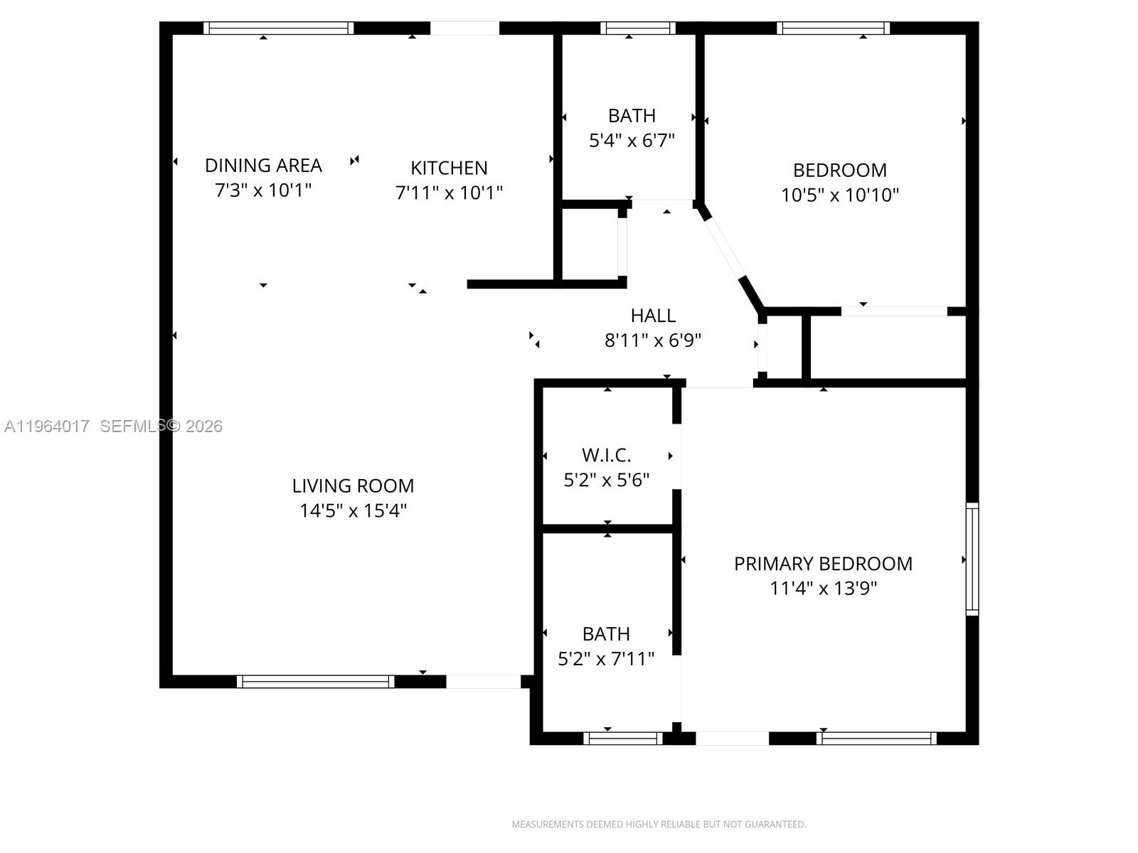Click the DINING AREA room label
coord(263,166)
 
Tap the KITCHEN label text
coord(449,168)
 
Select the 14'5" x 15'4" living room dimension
coord(353,510)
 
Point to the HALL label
coord(653,316)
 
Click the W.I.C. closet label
coord(606,455)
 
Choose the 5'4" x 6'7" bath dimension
coord(632,140)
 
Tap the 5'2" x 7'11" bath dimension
coord(605,659)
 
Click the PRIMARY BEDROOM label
coord(823,564)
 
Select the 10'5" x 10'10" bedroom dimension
coord(839,195)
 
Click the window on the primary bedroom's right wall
coord(972,559)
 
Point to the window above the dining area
coord(278,28)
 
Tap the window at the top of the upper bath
coord(638,28)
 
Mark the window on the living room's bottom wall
coord(315,682)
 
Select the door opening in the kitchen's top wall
coord(464,28)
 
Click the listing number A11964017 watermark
coord(47,426)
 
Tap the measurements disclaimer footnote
coord(659,824)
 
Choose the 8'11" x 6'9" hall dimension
coord(653,340)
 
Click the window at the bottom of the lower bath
coord(622,739)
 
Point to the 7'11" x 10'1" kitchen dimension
coord(449,193)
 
